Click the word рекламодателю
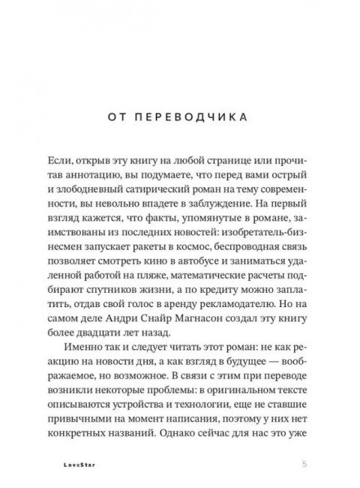click(x=234, y=319)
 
